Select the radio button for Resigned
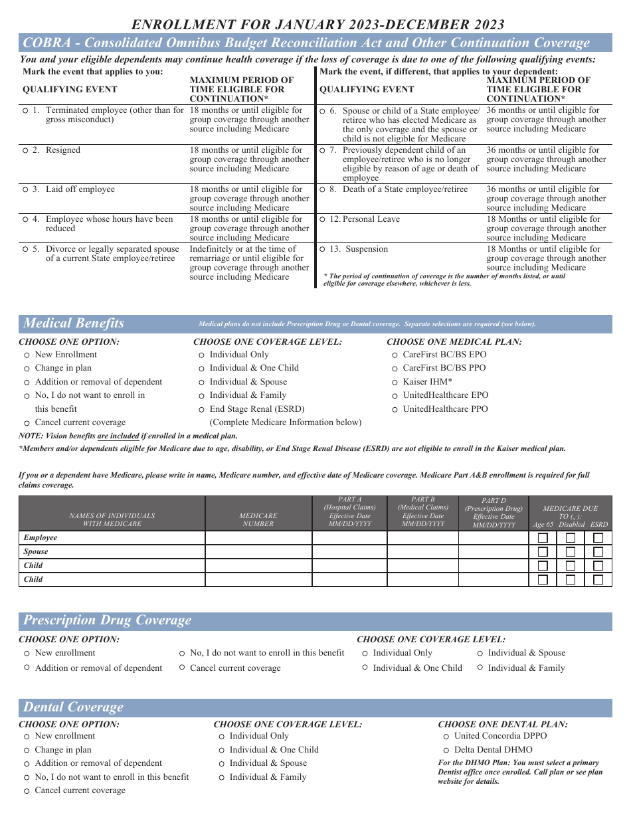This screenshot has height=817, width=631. coord(25,151)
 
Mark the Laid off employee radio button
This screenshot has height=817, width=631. coord(25,190)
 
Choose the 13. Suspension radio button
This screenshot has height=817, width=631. coord(322,250)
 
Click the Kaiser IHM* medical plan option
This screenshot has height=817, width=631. coord(396,382)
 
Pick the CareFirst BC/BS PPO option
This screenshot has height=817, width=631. coord(396,368)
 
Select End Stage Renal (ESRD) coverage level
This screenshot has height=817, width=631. coord(202,410)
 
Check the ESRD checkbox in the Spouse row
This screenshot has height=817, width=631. coord(598,551)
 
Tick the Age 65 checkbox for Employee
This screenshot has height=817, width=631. coord(543,537)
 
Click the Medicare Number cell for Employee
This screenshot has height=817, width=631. coord(258,537)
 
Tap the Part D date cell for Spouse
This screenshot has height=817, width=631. coord(493,551)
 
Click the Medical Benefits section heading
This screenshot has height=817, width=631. coord(74,323)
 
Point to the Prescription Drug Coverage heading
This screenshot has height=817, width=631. coord(107,620)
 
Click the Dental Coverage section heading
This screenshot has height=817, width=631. coord(73,707)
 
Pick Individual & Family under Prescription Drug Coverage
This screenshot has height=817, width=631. coord(480,668)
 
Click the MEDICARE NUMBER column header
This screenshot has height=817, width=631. coord(258,519)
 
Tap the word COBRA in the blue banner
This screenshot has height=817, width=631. coord(44,43)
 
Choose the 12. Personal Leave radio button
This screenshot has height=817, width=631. coord(322,220)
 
